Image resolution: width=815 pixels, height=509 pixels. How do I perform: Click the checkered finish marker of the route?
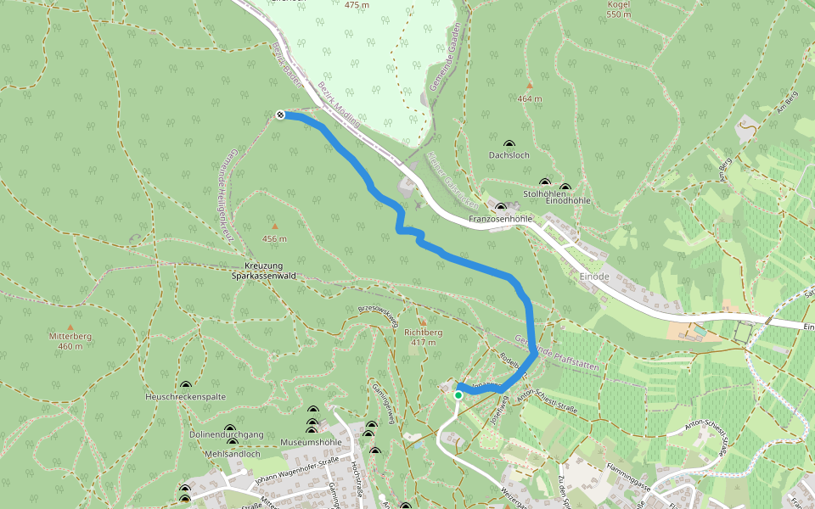(x=280, y=115)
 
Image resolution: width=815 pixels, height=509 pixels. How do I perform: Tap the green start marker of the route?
(x=458, y=394)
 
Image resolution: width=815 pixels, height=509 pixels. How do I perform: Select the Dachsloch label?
(x=509, y=155)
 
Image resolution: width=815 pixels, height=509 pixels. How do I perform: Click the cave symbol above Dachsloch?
(x=509, y=144)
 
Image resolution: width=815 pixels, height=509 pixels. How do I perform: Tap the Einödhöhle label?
(x=568, y=200)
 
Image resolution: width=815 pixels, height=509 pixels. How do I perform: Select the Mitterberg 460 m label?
(x=70, y=341)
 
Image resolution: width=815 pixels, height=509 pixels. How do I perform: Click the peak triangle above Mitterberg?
(x=70, y=327)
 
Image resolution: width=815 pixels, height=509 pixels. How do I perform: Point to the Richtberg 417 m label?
(x=422, y=338)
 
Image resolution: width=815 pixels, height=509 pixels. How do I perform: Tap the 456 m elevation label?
(x=274, y=238)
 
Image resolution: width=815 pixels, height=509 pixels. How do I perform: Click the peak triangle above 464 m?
(x=529, y=86)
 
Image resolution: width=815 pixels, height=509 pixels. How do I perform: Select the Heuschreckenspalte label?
(x=186, y=397)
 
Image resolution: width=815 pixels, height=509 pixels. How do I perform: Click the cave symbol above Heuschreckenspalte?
(x=186, y=385)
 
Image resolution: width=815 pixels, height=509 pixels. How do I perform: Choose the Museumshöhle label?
(x=311, y=442)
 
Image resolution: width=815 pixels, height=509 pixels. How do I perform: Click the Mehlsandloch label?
(x=233, y=454)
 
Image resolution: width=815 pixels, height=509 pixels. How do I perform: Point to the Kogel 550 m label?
(x=619, y=9)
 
